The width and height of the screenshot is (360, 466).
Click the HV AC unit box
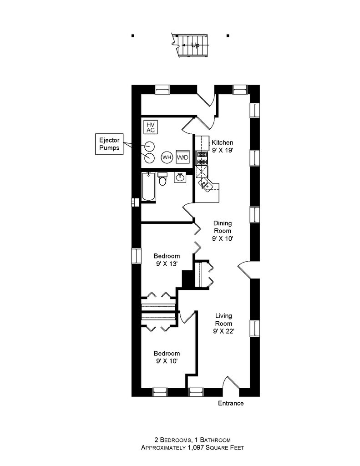point(150,127)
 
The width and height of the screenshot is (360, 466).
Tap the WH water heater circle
point(167,157)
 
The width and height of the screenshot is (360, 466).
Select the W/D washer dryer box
point(183,157)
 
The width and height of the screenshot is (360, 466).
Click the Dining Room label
point(223,231)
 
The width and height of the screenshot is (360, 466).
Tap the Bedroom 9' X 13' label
point(166,259)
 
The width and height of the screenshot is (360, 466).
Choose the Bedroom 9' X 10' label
point(166,357)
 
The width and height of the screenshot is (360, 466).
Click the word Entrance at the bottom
point(231,404)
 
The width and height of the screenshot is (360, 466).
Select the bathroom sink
point(180,177)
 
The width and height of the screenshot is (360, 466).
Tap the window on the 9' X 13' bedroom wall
point(135,255)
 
